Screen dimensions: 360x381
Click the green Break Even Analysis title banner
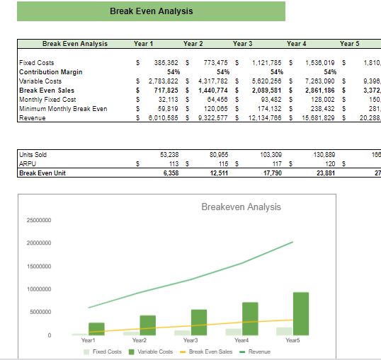click(152, 11)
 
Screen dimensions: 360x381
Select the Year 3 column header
click(244, 44)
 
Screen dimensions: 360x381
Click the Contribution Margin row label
click(51, 72)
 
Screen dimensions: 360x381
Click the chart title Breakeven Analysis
click(241, 207)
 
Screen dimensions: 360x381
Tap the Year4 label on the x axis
click(241, 341)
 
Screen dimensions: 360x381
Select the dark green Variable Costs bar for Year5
click(300, 313)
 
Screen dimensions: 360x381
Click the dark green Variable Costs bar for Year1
click(96, 328)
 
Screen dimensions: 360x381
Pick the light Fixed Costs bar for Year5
click(284, 330)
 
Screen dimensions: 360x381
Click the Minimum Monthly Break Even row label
click(63, 109)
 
